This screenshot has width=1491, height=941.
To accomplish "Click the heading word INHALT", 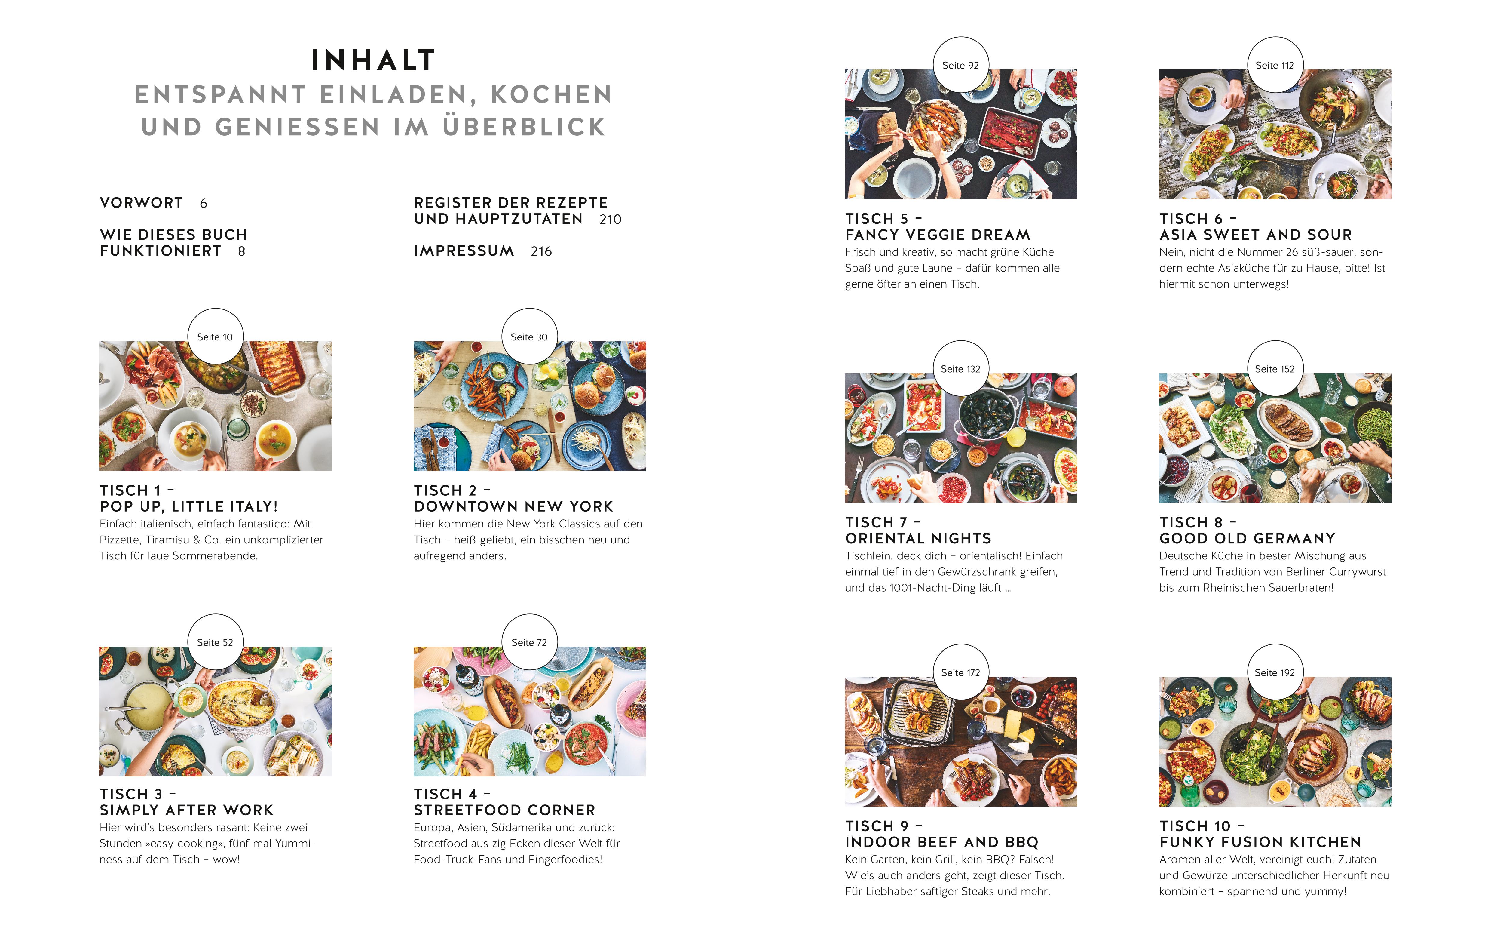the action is click(x=373, y=61).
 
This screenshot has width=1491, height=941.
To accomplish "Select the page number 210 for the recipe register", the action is click(x=611, y=219).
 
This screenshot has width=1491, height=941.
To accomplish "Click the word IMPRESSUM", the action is click(x=464, y=251).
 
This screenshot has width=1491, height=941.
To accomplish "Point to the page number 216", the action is click(x=541, y=251).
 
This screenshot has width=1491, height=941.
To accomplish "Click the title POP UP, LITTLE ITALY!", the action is click(x=189, y=507).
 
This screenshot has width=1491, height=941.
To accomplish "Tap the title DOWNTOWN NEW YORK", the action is click(x=513, y=507).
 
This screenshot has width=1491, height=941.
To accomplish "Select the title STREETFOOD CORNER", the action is click(x=505, y=810).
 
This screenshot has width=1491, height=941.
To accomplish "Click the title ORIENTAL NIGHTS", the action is click(x=918, y=538).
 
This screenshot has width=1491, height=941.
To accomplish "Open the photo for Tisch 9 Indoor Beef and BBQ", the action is click(x=961, y=742).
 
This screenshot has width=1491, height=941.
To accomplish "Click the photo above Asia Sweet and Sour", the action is click(x=1275, y=134).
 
